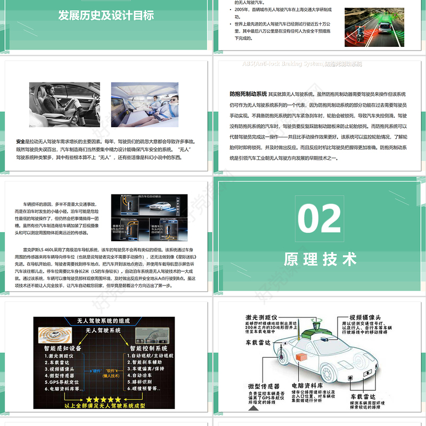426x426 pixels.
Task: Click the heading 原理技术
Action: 319,259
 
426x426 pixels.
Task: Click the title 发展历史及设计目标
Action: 106,14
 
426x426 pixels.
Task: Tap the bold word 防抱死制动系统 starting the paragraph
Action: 248,94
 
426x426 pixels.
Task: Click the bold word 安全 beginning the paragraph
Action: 21,142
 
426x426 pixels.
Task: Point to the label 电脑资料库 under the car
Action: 305,385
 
